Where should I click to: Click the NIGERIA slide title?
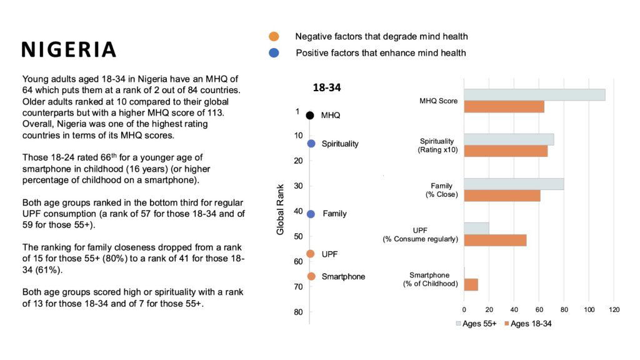point(69,50)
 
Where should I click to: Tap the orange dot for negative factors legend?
point(274,36)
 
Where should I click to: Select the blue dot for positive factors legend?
point(274,53)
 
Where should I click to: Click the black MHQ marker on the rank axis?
point(310,116)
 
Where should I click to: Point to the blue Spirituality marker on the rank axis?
point(311,144)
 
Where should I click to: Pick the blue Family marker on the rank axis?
point(311,214)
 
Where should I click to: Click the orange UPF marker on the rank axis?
point(311,254)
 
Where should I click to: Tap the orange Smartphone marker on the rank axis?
point(311,276)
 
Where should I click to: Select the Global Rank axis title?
point(281,209)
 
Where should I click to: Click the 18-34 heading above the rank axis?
point(326,88)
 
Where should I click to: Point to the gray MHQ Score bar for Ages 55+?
point(534,95)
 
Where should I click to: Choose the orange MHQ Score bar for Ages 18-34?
point(504,107)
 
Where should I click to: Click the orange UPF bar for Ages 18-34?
point(495,240)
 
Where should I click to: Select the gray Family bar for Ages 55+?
point(514,184)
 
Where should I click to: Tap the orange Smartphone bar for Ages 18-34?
point(471,284)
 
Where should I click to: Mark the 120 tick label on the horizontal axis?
point(614,309)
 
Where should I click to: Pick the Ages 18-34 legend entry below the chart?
point(526,324)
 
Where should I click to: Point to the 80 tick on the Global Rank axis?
point(299,312)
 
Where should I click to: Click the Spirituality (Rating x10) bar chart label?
point(438,146)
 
